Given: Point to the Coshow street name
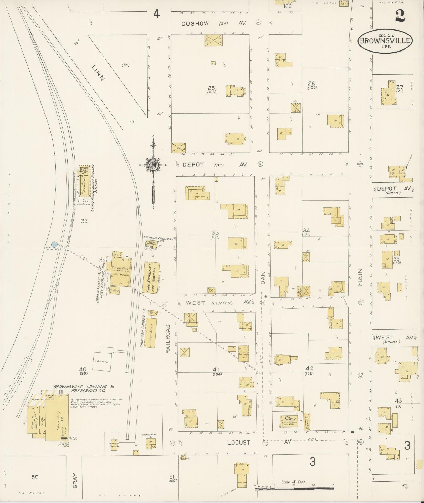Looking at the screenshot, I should click(195, 24).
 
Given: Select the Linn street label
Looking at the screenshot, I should click(98, 73).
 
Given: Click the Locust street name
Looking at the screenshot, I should click(239, 442).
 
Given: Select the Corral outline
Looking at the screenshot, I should click(102, 361).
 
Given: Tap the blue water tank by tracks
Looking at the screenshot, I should click(54, 244).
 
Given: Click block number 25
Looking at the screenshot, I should click(211, 88).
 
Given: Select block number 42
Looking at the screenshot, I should click(309, 368).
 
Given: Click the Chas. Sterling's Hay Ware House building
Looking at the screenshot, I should click(151, 278).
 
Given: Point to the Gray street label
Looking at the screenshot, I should click(76, 481).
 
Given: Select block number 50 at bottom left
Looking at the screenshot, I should click(35, 477).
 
